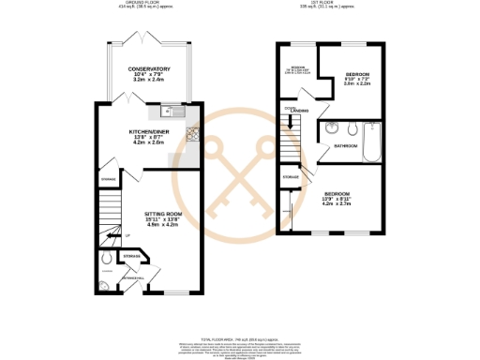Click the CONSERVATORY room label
click(x=150, y=68)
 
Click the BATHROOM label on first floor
click(x=346, y=146)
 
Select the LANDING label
click(x=299, y=111)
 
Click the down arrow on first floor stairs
click(x=292, y=122)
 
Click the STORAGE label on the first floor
click(x=291, y=175)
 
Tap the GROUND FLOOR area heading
click(x=148, y=4)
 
